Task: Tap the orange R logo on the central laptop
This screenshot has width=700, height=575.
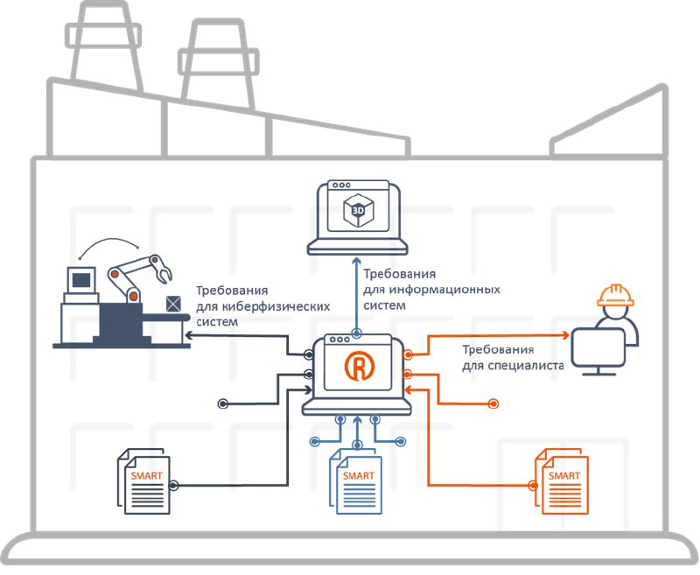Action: pyautogui.click(x=358, y=368)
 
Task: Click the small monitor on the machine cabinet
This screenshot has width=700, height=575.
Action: pyautogui.click(x=81, y=280)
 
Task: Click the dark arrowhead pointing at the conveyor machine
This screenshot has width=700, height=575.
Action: pyautogui.click(x=188, y=335)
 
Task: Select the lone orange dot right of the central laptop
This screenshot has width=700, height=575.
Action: pyautogui.click(x=494, y=403)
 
